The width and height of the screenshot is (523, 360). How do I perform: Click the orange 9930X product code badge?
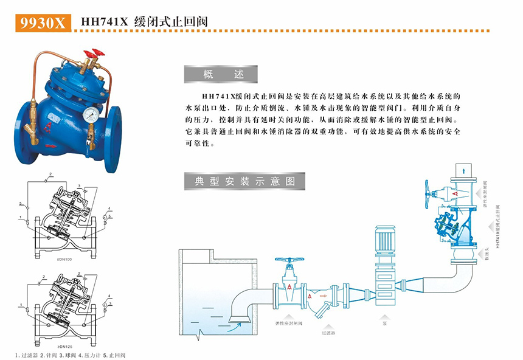point(41,22)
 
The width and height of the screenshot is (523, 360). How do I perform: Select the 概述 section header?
point(221,74)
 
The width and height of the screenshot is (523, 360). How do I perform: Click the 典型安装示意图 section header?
point(244,181)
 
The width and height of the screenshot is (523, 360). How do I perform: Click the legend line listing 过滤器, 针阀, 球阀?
point(70,355)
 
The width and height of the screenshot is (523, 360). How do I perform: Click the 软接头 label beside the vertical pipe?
point(488,251)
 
